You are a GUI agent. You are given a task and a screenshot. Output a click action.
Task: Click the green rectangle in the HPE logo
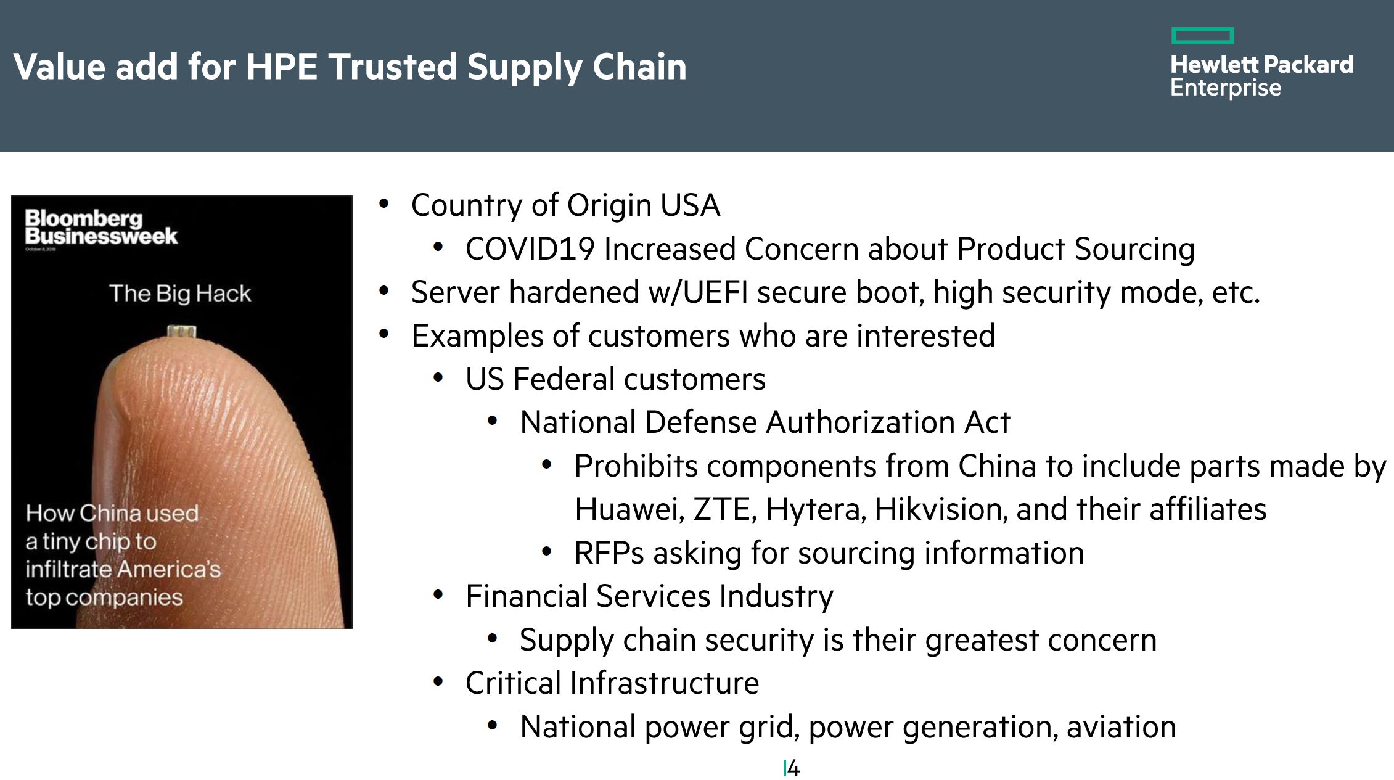1202,36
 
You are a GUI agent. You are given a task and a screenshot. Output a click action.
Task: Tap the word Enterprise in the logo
1226,88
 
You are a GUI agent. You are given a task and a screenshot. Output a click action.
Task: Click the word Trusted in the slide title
392,66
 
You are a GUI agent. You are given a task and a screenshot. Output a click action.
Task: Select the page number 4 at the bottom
793,768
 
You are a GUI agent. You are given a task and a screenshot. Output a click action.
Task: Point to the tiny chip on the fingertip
182,332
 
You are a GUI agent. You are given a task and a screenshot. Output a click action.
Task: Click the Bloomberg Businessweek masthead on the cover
101,227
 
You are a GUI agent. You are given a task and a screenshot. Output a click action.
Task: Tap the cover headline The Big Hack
180,294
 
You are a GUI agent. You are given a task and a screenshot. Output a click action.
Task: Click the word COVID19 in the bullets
530,249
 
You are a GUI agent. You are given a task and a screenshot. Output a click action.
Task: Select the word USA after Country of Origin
690,205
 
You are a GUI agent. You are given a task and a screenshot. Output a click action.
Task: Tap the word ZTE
724,510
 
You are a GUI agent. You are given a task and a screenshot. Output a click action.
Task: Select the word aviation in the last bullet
1121,727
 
